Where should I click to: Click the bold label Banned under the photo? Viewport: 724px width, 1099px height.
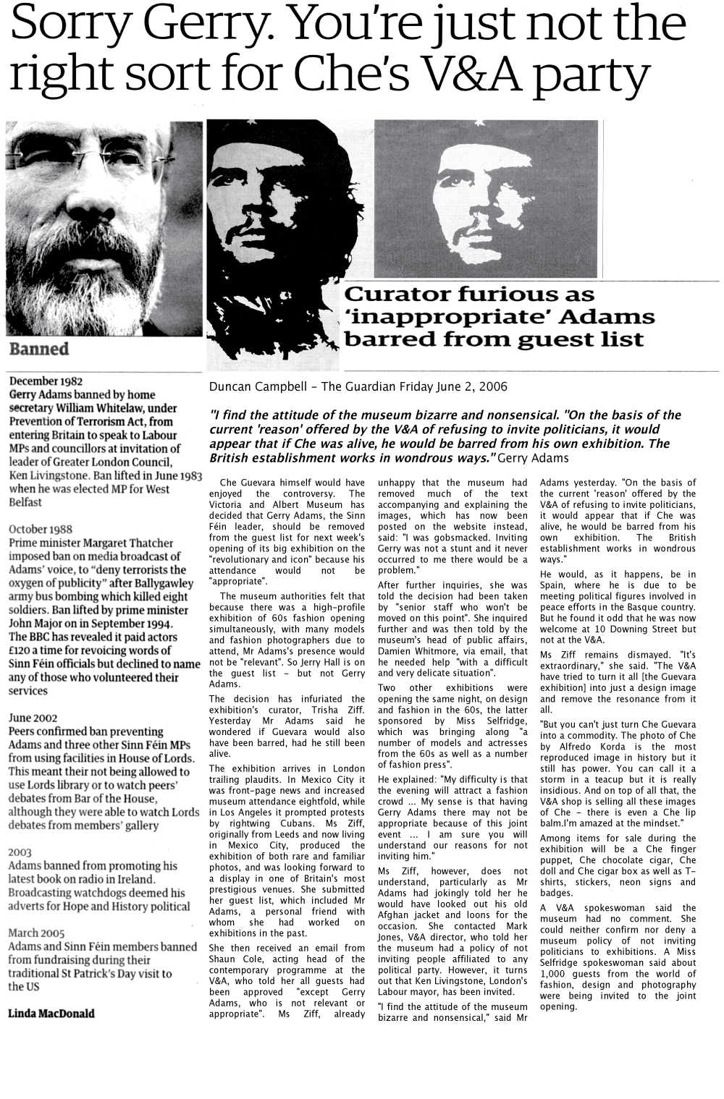tap(39, 349)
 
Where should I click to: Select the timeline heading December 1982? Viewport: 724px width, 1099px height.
tap(46, 381)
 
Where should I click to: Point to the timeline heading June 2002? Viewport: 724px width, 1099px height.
tap(33, 718)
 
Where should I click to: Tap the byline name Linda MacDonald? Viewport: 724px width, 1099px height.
tap(51, 1013)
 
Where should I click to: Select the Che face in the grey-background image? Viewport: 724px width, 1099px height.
tap(492, 210)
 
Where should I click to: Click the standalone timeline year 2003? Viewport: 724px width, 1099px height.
tap(20, 852)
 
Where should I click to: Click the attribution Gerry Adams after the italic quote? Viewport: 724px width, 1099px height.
tap(534, 459)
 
